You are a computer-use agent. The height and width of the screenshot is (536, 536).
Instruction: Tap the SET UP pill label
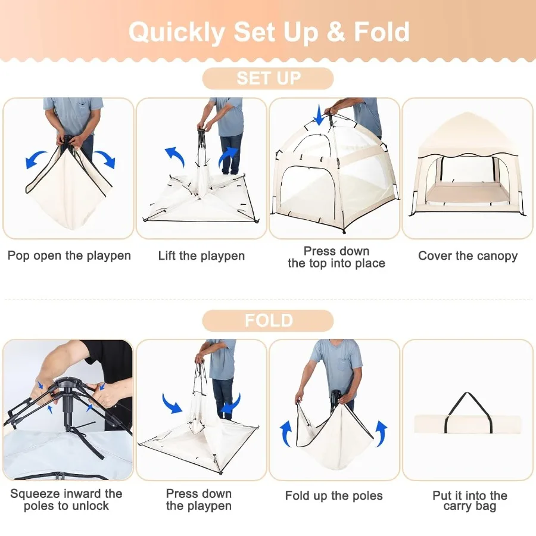(268, 79)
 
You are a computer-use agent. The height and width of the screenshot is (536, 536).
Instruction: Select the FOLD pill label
(268, 320)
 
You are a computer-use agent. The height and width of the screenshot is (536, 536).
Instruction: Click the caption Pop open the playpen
(69, 256)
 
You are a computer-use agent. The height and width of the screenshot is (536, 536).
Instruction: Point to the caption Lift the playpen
(201, 256)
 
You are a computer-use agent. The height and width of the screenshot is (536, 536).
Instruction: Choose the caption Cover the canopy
(468, 256)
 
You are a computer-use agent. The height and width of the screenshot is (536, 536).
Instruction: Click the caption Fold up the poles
(334, 496)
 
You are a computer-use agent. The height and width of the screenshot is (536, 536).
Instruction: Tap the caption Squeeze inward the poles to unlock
(66, 500)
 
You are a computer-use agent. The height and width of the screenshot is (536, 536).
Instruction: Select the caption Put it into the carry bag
(469, 500)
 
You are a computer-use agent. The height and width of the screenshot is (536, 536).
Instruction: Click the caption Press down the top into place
(336, 257)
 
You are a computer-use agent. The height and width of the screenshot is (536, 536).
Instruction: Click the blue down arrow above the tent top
(320, 115)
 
